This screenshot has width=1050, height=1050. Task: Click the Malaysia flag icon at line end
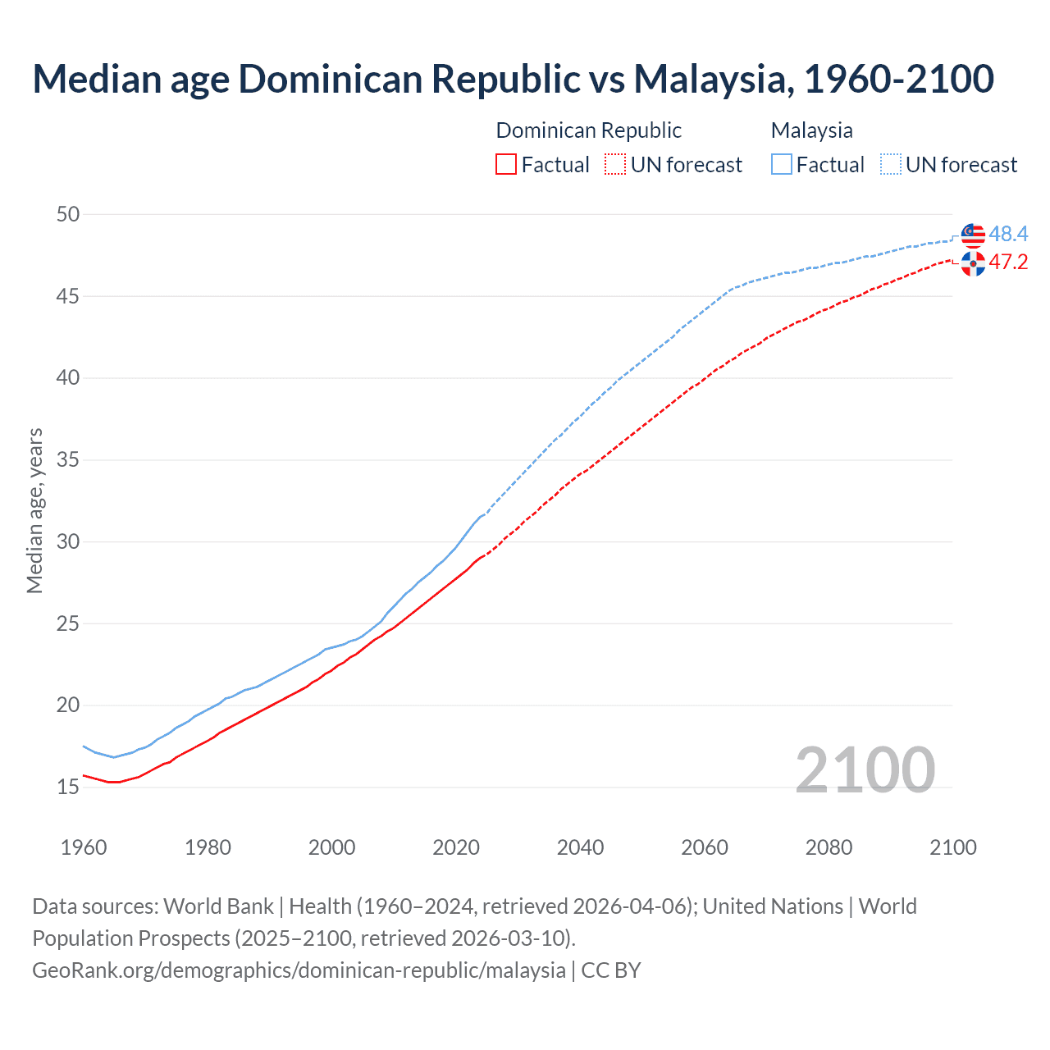(973, 235)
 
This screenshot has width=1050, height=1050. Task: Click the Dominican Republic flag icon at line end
(973, 263)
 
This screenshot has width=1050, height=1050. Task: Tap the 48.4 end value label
(1008, 235)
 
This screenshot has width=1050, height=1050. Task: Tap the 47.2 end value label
(1008, 262)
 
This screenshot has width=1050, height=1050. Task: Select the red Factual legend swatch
(506, 165)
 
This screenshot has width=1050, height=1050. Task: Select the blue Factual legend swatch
(782, 165)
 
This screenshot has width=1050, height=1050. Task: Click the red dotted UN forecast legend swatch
(615, 165)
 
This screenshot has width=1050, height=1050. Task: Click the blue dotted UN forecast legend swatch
(891, 165)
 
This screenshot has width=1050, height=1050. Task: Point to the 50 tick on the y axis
(68, 214)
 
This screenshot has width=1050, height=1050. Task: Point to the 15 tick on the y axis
(68, 787)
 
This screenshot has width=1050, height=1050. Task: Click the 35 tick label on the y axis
(68, 460)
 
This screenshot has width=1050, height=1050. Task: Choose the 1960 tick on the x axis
(84, 847)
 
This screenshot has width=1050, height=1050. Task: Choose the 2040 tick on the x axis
(580, 847)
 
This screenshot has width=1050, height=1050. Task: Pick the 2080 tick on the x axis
(829, 847)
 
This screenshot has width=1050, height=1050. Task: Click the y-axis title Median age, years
(34, 510)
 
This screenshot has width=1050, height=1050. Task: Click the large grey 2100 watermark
(865, 769)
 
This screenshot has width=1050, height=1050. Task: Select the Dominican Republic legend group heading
(588, 130)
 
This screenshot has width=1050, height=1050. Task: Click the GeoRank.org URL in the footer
(299, 970)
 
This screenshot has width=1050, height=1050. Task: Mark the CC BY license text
(611, 970)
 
